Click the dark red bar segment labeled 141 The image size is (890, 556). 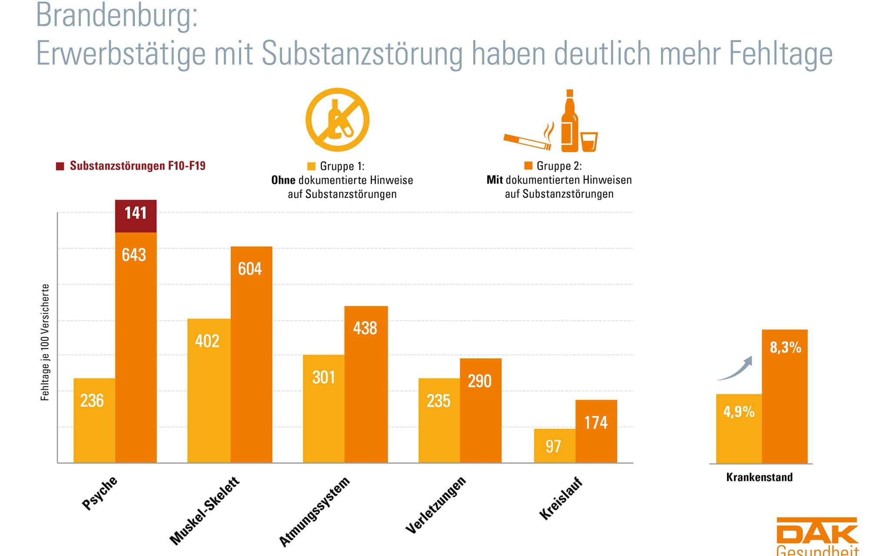[x=136, y=216]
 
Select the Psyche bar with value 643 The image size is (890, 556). [x=136, y=347]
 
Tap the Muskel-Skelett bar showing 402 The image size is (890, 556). [x=209, y=391]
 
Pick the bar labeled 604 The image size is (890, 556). [x=251, y=354]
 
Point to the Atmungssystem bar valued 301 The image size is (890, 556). [x=323, y=409]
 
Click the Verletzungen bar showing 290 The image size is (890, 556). [x=481, y=410]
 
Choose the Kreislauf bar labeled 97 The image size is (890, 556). [x=555, y=446]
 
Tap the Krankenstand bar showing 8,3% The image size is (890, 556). [x=784, y=396]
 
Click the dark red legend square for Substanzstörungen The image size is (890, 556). [x=60, y=166]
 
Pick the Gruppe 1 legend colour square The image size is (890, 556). [x=311, y=166]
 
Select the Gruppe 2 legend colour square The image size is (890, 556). [x=528, y=165]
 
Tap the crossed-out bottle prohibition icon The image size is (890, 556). [x=337, y=119]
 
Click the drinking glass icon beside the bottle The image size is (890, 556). [x=589, y=142]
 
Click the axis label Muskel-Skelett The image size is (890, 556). [x=204, y=511]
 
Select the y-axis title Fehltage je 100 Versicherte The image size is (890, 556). [x=45, y=342]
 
